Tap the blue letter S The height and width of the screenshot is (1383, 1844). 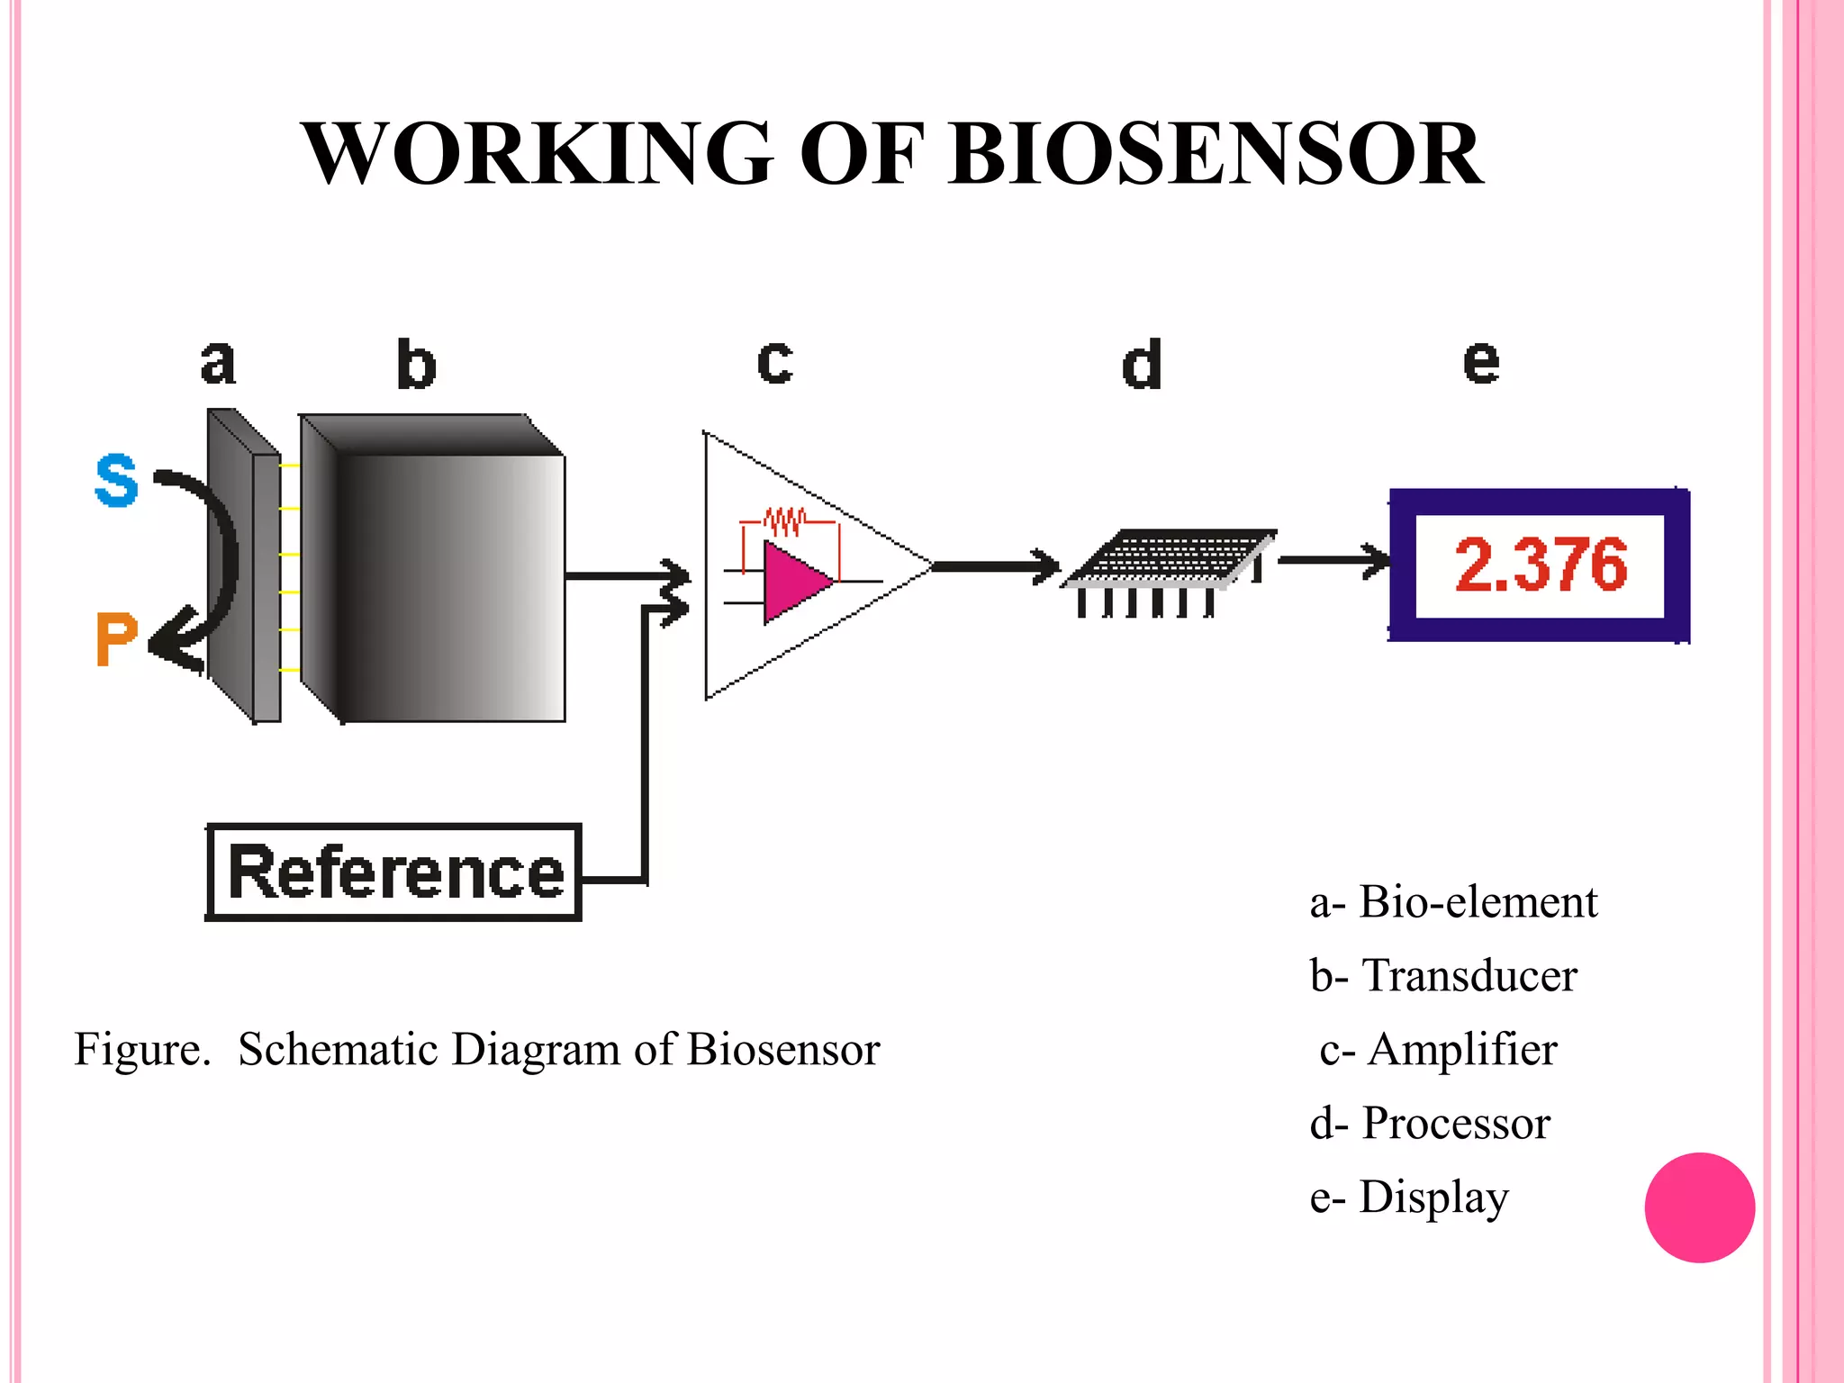click(x=116, y=481)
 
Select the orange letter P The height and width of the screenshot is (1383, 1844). click(x=116, y=639)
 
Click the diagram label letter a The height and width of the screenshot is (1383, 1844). click(x=218, y=363)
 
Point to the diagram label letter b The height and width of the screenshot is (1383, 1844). click(x=416, y=365)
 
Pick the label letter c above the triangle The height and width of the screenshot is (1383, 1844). click(x=775, y=363)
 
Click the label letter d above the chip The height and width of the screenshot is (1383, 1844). click(x=1142, y=365)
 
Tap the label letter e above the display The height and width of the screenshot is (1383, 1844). click(x=1481, y=363)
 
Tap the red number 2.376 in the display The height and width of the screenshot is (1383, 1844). click(x=1541, y=565)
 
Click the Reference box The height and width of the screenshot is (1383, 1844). click(x=394, y=872)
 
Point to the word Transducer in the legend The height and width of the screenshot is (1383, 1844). click(x=1469, y=976)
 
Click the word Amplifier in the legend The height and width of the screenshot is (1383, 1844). click(x=1463, y=1050)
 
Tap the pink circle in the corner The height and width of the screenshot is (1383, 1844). click(x=1699, y=1207)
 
